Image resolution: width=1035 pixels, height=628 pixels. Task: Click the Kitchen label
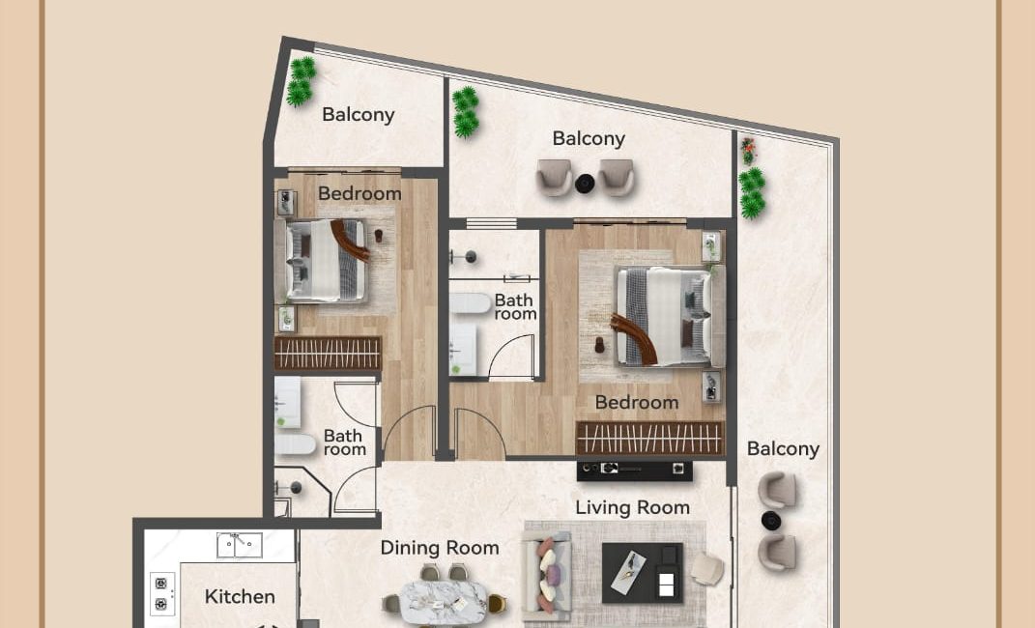pyautogui.click(x=240, y=596)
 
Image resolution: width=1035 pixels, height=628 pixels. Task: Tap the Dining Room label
pyautogui.click(x=440, y=548)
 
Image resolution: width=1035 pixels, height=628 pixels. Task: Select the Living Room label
pyautogui.click(x=632, y=507)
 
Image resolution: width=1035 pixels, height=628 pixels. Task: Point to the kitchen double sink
pyautogui.click(x=240, y=546)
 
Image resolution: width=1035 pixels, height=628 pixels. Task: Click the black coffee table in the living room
pyautogui.click(x=643, y=573)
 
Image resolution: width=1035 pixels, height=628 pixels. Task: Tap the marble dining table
pyautogui.click(x=443, y=601)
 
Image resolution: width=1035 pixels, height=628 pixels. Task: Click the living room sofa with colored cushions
pyautogui.click(x=547, y=573)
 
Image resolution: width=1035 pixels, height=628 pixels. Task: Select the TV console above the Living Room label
pyautogui.click(x=634, y=470)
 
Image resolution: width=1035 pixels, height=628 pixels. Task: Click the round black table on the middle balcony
pyautogui.click(x=585, y=184)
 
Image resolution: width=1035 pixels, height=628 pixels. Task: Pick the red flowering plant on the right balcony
pyautogui.click(x=748, y=151)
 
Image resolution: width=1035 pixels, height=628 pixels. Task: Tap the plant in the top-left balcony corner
pyautogui.click(x=301, y=81)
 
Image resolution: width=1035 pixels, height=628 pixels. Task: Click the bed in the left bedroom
pyautogui.click(x=326, y=261)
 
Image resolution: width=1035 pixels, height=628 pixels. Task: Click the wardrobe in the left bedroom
pyautogui.click(x=328, y=354)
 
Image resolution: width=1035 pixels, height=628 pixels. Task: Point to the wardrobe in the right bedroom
pyautogui.click(x=650, y=438)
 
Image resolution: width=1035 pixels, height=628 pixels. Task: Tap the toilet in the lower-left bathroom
pyautogui.click(x=295, y=444)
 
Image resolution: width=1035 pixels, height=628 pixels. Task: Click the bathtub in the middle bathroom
pyautogui.click(x=470, y=303)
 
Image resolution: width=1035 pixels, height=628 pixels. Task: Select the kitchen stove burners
pyautogui.click(x=161, y=593)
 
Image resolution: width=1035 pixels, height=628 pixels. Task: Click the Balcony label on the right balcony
pyautogui.click(x=783, y=449)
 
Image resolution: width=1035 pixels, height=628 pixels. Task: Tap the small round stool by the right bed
pyautogui.click(x=599, y=345)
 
